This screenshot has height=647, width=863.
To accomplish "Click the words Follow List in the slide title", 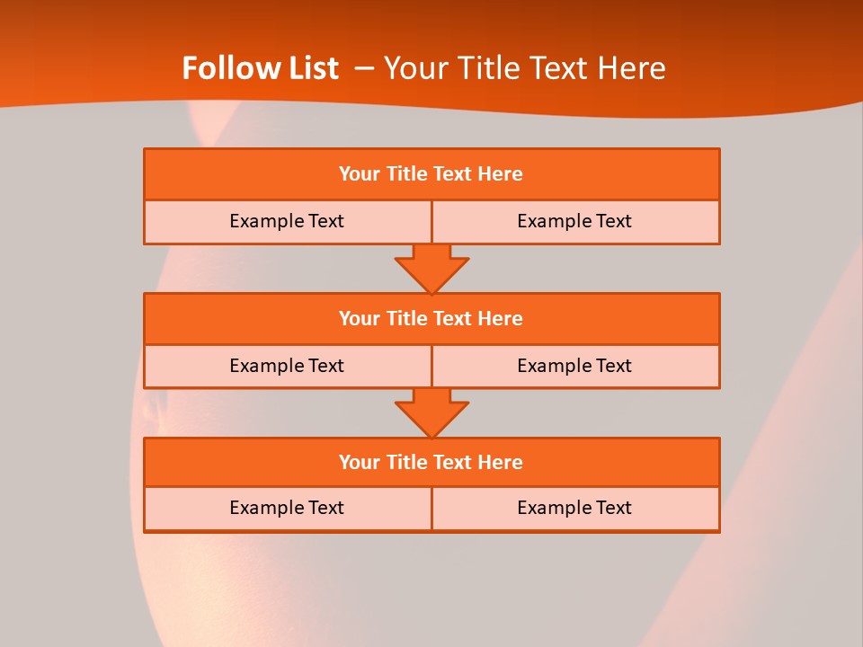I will (x=260, y=68).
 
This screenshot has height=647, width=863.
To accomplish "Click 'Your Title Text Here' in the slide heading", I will (x=524, y=68).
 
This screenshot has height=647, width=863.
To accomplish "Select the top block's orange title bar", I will (x=431, y=174).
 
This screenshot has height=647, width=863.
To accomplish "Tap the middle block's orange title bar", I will (x=431, y=318).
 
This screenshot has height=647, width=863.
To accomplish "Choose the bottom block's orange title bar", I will (x=431, y=462).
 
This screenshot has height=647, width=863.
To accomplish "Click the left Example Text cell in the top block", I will (x=287, y=221).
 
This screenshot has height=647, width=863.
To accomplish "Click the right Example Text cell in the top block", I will (x=574, y=221).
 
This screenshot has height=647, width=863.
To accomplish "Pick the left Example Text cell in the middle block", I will (x=287, y=366).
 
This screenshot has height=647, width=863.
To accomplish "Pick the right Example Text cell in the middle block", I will (x=574, y=366).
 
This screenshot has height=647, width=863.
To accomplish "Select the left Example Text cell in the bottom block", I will (x=287, y=508).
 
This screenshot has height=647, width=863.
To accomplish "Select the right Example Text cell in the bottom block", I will (x=574, y=508).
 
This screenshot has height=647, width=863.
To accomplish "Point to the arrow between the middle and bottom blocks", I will (x=431, y=412).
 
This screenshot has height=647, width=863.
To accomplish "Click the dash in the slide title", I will (x=365, y=68).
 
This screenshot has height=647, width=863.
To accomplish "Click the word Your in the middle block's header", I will (x=359, y=318).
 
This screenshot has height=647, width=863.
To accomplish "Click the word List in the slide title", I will (x=311, y=68).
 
